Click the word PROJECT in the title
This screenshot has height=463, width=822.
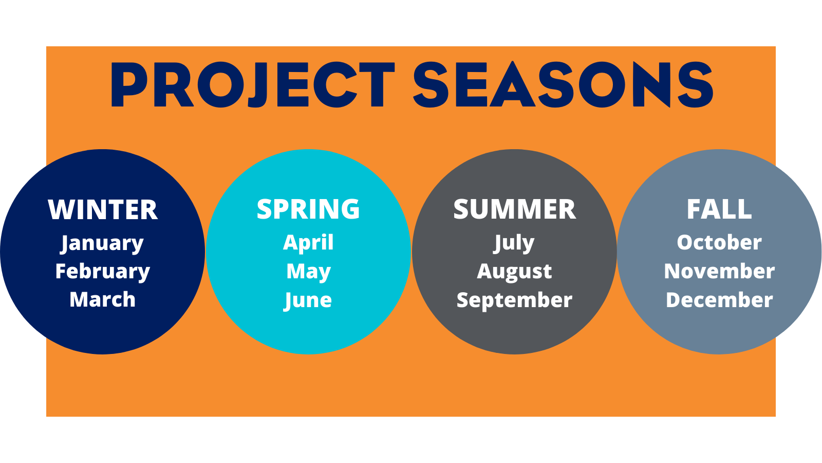click(x=253, y=85)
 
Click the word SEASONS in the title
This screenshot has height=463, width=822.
click(x=563, y=85)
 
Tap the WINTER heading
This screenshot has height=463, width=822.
click(x=103, y=210)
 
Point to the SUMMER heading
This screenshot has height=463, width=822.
click(x=514, y=209)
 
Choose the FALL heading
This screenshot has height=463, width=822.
click(x=719, y=209)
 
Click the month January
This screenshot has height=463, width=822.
click(x=102, y=244)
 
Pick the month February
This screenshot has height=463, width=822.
click(x=103, y=272)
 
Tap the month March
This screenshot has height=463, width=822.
click(x=103, y=299)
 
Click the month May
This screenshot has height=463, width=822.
click(x=308, y=272)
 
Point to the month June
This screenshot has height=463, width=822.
click(x=308, y=301)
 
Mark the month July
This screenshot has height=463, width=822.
click(x=514, y=243)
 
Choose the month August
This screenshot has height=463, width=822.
click(x=514, y=272)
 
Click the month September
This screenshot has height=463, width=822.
click(x=514, y=301)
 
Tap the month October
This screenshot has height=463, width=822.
click(x=719, y=242)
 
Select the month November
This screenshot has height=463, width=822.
click(x=719, y=271)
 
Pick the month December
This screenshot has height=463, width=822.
click(x=719, y=300)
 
